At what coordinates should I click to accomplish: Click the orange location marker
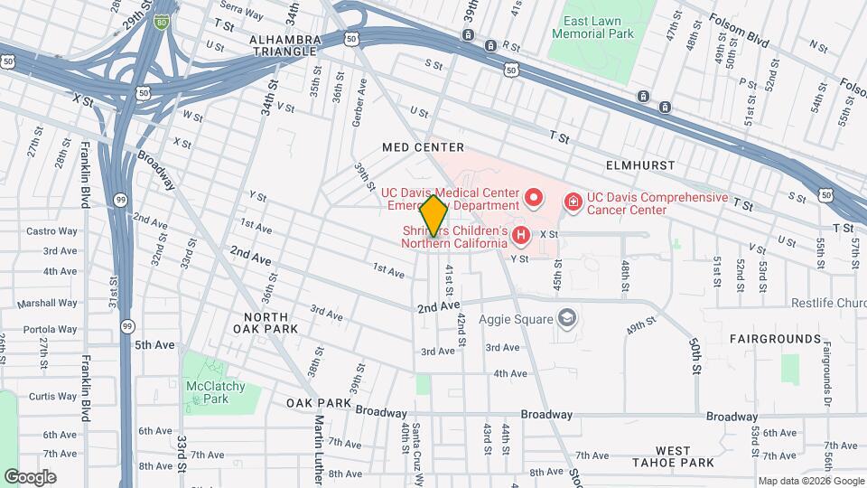click(433, 216)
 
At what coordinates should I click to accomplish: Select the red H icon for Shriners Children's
click(520, 236)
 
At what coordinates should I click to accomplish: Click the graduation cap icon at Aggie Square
click(566, 317)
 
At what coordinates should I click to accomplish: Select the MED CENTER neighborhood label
click(423, 147)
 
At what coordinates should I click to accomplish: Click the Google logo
click(30, 476)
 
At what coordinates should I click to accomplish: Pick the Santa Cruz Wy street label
click(417, 443)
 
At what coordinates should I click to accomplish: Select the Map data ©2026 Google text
click(810, 481)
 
